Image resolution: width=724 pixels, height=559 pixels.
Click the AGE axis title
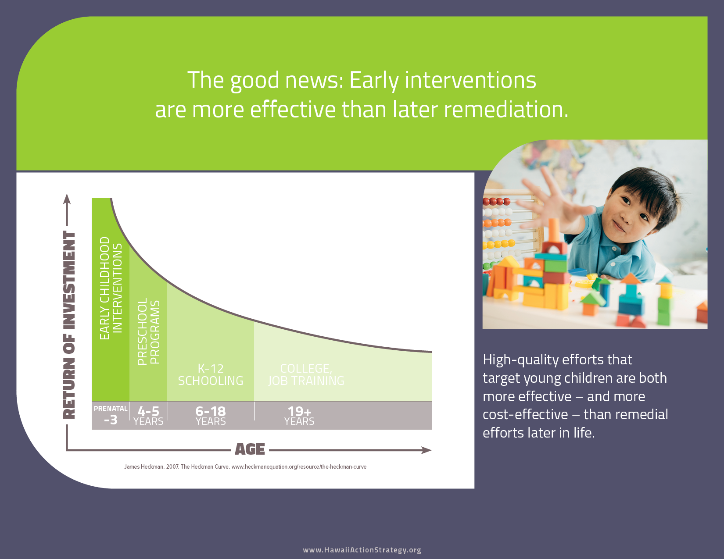(250, 449)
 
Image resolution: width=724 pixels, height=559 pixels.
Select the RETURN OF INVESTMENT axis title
(69, 325)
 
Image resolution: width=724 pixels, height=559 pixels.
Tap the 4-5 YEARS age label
(148, 416)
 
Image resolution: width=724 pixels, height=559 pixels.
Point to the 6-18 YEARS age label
(211, 416)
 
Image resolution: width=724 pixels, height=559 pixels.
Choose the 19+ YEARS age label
(299, 416)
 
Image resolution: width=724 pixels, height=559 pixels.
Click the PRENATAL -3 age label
(111, 415)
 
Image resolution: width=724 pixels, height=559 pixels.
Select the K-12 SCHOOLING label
(211, 374)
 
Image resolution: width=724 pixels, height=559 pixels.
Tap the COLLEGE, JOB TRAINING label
(306, 374)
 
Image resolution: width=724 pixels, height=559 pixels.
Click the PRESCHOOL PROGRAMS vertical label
(149, 331)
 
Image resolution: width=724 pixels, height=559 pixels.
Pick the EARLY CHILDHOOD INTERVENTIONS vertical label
(111, 288)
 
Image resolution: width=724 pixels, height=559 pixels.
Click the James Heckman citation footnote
(245, 467)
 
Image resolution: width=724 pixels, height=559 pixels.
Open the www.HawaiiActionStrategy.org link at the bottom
(362, 550)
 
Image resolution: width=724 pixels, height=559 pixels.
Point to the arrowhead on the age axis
(427, 450)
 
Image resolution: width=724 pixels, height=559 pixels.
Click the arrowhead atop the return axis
(67, 199)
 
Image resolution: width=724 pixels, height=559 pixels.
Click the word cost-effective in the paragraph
(525, 414)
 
